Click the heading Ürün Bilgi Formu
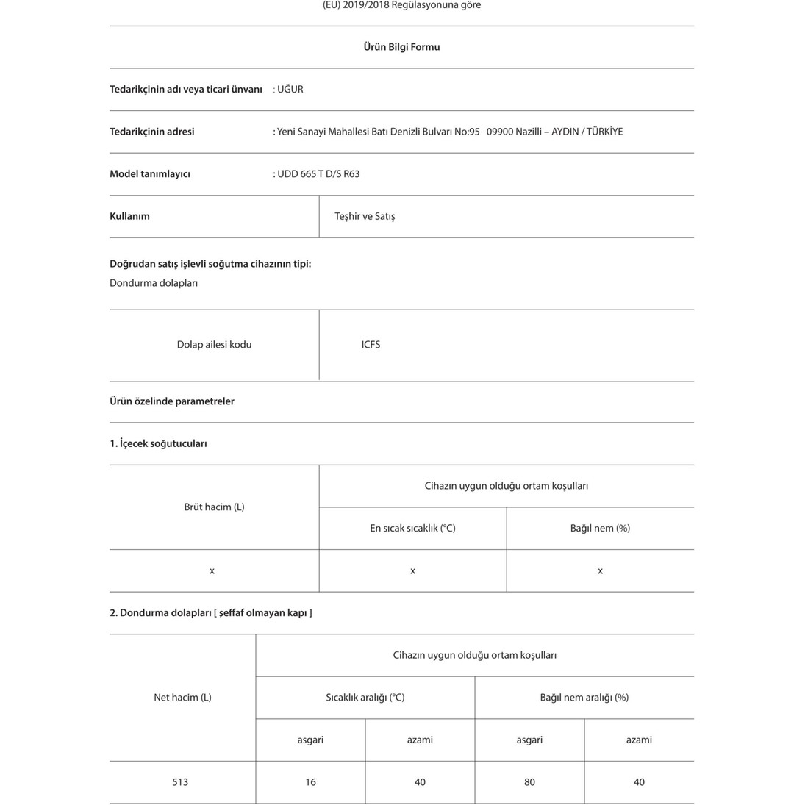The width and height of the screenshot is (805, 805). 401,47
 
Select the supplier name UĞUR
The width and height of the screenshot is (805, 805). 290,90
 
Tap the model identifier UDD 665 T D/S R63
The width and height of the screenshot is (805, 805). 318,174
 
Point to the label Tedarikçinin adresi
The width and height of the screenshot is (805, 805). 152,132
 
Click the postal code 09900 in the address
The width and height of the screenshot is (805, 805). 500,132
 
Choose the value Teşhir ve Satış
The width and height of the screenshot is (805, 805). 365,217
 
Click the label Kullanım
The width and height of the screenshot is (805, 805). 129,217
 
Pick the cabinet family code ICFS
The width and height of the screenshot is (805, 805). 371,345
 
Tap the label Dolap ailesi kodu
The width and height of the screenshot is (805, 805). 214,345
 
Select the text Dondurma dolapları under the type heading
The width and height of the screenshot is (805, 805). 154,283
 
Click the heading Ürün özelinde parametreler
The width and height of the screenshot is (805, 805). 172,401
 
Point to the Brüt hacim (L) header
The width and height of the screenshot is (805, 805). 214,507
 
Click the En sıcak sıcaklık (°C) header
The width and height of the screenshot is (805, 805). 412,529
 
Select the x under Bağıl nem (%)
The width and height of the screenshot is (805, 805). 600,571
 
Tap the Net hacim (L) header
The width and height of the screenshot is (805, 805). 182,698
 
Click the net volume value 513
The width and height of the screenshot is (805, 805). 180,782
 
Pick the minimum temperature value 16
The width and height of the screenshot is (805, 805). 310,782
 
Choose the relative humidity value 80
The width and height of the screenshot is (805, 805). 529,782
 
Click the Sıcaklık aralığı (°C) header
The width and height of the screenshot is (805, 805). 365,698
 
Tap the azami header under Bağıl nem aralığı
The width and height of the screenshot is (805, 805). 639,740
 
